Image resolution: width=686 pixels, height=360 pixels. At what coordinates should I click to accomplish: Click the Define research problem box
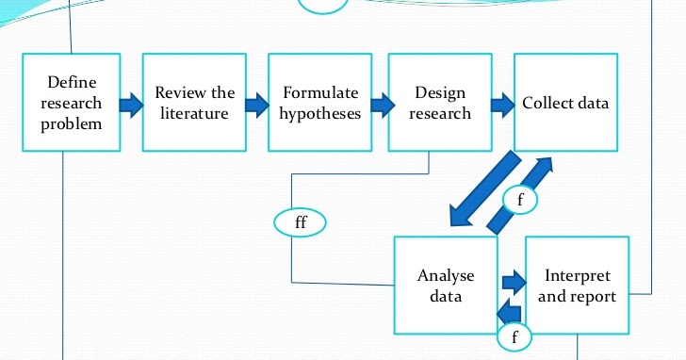coord(71,102)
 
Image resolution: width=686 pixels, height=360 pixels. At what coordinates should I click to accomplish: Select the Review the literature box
coord(194,102)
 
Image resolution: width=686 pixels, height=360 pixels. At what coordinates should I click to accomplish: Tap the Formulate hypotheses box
coord(319,102)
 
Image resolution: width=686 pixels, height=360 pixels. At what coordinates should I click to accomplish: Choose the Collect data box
coord(565,102)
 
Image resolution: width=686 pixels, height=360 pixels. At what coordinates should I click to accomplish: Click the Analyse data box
coord(445,285)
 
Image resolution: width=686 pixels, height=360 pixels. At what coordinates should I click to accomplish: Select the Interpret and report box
coord(578,285)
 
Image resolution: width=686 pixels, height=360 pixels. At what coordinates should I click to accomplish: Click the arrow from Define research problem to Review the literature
coord(130,103)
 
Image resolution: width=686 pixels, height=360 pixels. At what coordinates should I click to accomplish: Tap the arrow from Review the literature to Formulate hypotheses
coord(254,103)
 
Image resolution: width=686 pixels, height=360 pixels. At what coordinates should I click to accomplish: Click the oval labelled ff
coord(300,222)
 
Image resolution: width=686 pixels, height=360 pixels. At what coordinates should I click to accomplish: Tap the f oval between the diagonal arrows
coord(521,199)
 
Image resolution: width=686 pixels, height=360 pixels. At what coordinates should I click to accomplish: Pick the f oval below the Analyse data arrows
coord(514,335)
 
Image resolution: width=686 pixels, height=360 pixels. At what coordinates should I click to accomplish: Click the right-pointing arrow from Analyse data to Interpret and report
coord(512,280)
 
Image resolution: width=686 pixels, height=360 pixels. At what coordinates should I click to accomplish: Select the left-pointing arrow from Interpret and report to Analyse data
coord(510,308)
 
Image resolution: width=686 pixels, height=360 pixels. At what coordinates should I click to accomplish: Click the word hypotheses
coord(319,114)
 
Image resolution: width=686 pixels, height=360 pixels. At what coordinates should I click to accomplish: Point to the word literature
coord(194,114)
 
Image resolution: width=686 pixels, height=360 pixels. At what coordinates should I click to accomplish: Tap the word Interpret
coord(578,276)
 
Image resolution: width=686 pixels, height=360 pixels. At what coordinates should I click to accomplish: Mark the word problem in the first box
coord(71,123)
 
